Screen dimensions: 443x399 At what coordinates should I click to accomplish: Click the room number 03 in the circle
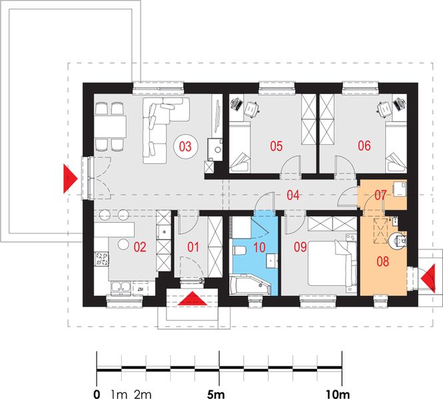pyautogui.click(x=185, y=146)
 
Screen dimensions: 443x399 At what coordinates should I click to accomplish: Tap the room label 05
pyautogui.click(x=276, y=146)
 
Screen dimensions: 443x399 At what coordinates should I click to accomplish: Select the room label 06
pyautogui.click(x=364, y=146)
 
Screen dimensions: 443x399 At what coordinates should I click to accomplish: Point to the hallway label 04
pyautogui.click(x=293, y=195)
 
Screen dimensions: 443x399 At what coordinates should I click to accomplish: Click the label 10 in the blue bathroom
pyautogui.click(x=259, y=247)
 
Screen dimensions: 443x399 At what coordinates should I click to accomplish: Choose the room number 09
pyautogui.click(x=300, y=247)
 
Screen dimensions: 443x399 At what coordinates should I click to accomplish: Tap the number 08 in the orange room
pyautogui.click(x=383, y=261)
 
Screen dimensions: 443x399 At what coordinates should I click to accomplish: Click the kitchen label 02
pyautogui.click(x=140, y=247)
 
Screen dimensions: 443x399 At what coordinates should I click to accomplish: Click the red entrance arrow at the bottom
pyautogui.click(x=193, y=299)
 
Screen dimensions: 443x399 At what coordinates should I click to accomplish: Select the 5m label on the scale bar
pyautogui.click(x=216, y=394)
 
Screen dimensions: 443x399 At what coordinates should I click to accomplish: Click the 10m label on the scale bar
pyautogui.click(x=338, y=394)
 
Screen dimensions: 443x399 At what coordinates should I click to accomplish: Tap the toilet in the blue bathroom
pyautogui.click(x=239, y=250)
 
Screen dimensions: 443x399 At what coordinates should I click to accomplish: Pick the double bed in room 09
pyautogui.click(x=332, y=263)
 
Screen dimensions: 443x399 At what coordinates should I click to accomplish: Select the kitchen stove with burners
pyautogui.click(x=101, y=259)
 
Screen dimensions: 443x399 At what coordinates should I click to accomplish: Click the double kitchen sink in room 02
pyautogui.click(x=121, y=287)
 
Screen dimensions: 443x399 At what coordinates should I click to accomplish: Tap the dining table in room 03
pyautogui.click(x=110, y=126)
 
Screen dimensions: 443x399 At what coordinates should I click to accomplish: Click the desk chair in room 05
pyautogui.click(x=251, y=109)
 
